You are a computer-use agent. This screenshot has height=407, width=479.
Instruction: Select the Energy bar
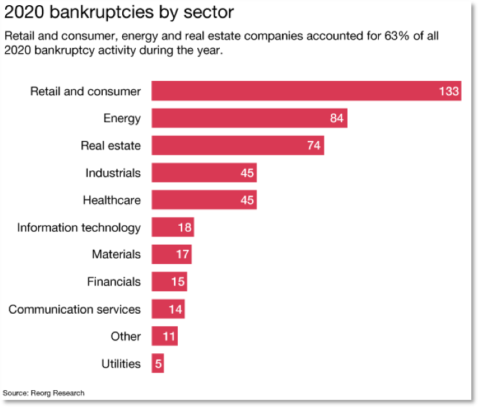coord(249,118)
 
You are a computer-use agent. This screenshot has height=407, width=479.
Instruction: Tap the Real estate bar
coord(237,146)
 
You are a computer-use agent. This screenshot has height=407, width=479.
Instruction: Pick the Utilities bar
coord(158,364)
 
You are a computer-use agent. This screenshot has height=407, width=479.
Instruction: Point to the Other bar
coord(164,336)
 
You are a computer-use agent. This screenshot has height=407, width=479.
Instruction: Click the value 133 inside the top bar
coord(449,91)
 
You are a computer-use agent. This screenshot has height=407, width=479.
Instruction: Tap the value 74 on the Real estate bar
coord(314,146)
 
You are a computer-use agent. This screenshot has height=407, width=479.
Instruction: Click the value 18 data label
coord(184,228)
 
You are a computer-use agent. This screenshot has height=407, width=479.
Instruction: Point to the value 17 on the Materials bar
coord(182,255)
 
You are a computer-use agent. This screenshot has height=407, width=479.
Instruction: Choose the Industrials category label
coord(113,173)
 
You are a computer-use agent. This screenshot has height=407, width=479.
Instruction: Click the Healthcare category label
coord(112,200)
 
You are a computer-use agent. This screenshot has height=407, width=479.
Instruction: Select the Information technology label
coord(79,228)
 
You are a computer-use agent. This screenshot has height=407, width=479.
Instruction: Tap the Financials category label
coord(114,281)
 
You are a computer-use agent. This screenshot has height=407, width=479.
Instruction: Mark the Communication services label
coord(74,309)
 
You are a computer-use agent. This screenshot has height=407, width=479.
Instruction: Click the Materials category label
coord(116,254)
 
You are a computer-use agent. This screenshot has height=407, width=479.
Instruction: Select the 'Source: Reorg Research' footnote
coord(43,393)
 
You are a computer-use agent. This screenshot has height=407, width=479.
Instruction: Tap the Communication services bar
coord(168,309)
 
